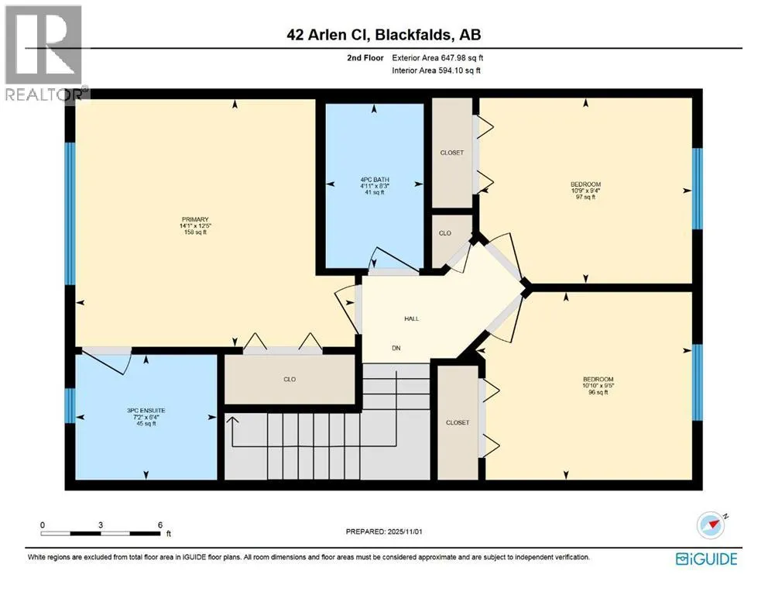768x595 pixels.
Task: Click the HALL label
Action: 411,318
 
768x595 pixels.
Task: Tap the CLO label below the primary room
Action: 290,379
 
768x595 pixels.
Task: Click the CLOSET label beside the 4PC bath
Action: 451,153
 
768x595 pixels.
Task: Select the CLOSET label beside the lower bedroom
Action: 458,423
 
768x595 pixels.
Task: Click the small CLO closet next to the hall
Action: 445,232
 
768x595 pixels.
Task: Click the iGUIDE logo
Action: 706,559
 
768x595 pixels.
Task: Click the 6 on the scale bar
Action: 159,524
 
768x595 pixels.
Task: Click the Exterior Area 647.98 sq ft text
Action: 438,58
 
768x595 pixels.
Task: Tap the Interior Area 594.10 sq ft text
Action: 437,71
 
